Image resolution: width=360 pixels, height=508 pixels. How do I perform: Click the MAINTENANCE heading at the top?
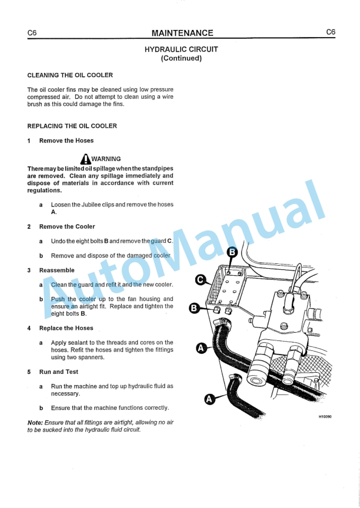coord(182,33)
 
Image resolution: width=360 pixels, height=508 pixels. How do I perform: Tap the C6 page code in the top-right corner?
coord(331,32)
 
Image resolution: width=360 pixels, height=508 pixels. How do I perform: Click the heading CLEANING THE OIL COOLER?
coord(70,75)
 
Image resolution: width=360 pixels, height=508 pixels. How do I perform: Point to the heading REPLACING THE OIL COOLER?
coord(72,126)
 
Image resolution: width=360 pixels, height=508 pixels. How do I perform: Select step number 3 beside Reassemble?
coord(29,270)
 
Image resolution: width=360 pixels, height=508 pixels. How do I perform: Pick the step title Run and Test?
coord(58,372)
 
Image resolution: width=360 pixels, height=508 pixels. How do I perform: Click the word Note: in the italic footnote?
coord(35,423)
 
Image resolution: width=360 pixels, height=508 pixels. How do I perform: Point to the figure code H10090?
coord(325,416)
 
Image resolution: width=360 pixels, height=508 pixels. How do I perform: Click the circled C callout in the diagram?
coord(201,280)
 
